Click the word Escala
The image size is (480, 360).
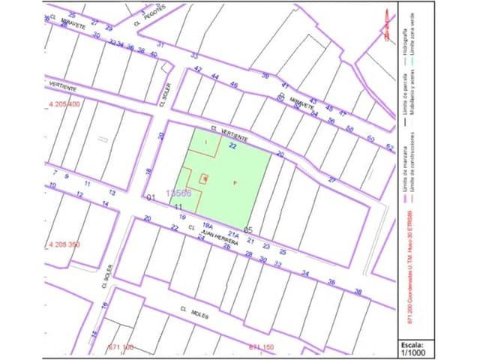coord(413,343)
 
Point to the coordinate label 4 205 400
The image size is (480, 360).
coord(63,103)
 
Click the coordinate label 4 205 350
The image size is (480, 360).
coord(63,244)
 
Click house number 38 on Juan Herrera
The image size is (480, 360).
coord(358,291)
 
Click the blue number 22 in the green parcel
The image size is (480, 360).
coord(232,146)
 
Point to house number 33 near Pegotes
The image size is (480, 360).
coord(194,55)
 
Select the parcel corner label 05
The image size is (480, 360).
coord(249,229)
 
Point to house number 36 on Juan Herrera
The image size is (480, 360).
coord(331,281)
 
